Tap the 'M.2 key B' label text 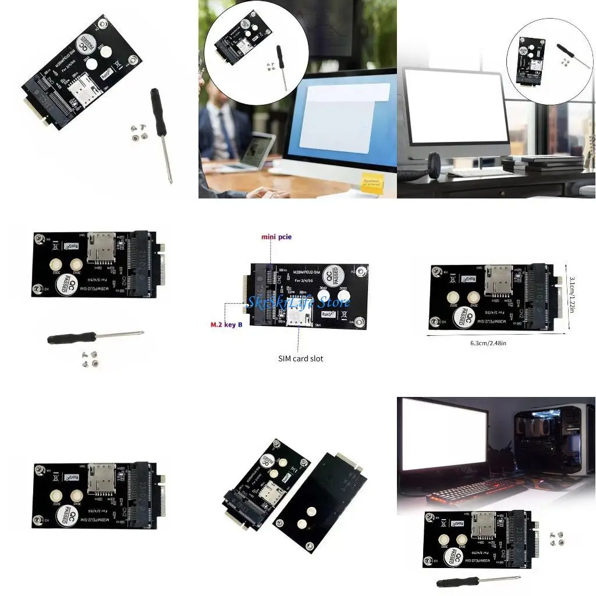click(x=227, y=324)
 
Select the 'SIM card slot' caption click(x=300, y=359)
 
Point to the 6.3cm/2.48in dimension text click(x=488, y=343)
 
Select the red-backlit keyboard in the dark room click(x=460, y=492)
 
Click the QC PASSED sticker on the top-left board click(x=86, y=44)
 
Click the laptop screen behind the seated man click(x=256, y=150)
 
